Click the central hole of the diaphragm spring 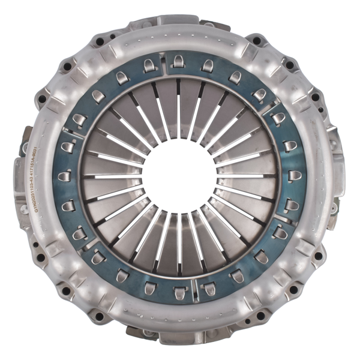[x=179, y=178]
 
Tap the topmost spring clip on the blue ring [x=178, y=60]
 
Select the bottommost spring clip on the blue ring [x=178, y=293]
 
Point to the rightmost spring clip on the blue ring [x=293, y=176]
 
